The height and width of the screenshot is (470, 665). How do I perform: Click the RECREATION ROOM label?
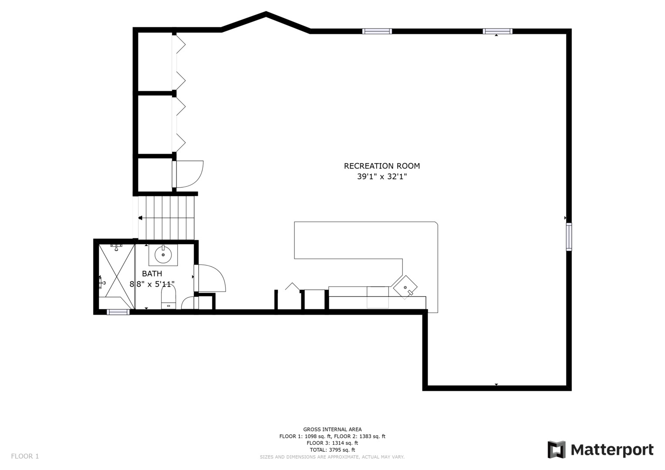tap(382, 166)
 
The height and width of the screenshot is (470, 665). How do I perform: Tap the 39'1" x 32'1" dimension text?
tap(382, 177)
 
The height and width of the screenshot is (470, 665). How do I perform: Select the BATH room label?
tap(152, 274)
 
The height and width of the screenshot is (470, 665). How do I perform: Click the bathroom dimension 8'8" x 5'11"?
tap(152, 284)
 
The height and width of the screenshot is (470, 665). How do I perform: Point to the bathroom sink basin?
tap(163, 255)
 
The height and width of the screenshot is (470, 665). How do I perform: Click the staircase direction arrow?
tap(141, 218)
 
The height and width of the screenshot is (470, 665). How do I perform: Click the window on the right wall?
tap(569, 237)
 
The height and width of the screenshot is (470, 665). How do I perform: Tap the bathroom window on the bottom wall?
tap(118, 312)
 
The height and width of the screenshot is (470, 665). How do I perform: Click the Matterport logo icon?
tap(556, 450)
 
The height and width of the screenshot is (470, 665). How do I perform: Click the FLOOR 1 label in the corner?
tap(25, 456)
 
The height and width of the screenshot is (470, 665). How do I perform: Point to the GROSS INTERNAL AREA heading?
tap(332, 430)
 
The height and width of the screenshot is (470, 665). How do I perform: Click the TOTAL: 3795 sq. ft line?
tap(332, 450)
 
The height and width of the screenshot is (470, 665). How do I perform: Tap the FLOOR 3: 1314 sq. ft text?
tap(332, 443)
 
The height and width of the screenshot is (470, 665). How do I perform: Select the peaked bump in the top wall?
tap(266, 15)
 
